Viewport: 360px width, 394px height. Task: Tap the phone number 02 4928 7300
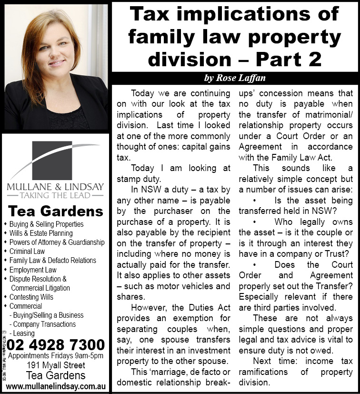[x=56, y=344]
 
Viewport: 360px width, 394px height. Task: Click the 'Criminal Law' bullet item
[x=27, y=251]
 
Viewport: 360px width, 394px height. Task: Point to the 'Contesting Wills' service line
[x=31, y=297]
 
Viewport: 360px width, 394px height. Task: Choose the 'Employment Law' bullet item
[x=33, y=270]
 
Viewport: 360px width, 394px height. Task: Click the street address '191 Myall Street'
[x=56, y=365]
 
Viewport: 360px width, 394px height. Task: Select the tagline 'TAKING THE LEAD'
[x=55, y=195]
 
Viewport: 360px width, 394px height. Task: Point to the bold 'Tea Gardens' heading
[x=55, y=211]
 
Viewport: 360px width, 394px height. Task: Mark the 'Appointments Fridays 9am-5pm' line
[x=56, y=356]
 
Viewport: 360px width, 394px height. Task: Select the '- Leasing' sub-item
[x=22, y=333]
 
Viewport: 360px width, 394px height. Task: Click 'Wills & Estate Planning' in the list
[x=41, y=233]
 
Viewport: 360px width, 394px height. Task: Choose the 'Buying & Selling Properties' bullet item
[x=46, y=224]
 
